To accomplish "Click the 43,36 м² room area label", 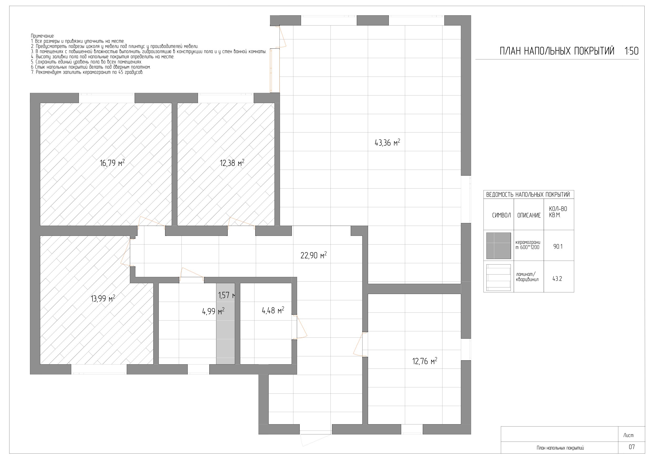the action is (x=387, y=142).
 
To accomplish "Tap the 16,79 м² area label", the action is (x=112, y=163).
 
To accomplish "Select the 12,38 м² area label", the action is (x=232, y=163).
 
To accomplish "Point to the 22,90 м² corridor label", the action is (x=313, y=255).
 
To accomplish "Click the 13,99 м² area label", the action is (x=103, y=298).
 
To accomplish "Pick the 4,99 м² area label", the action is (x=213, y=311).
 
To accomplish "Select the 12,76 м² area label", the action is (x=425, y=361).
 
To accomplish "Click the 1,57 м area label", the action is (x=227, y=295).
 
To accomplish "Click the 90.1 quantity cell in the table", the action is (x=558, y=247).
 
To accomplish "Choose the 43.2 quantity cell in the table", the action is (x=557, y=279).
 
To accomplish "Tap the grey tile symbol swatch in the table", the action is (x=498, y=246).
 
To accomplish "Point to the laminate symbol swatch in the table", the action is (x=498, y=277).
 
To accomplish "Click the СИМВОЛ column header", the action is (x=501, y=215).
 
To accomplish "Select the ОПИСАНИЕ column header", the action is (x=529, y=215).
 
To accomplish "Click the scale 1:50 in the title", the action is (x=631, y=51).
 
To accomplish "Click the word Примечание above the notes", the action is (x=43, y=36).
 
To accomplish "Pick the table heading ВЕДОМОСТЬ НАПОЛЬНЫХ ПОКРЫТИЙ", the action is (x=528, y=195).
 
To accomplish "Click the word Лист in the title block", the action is (x=628, y=435).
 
